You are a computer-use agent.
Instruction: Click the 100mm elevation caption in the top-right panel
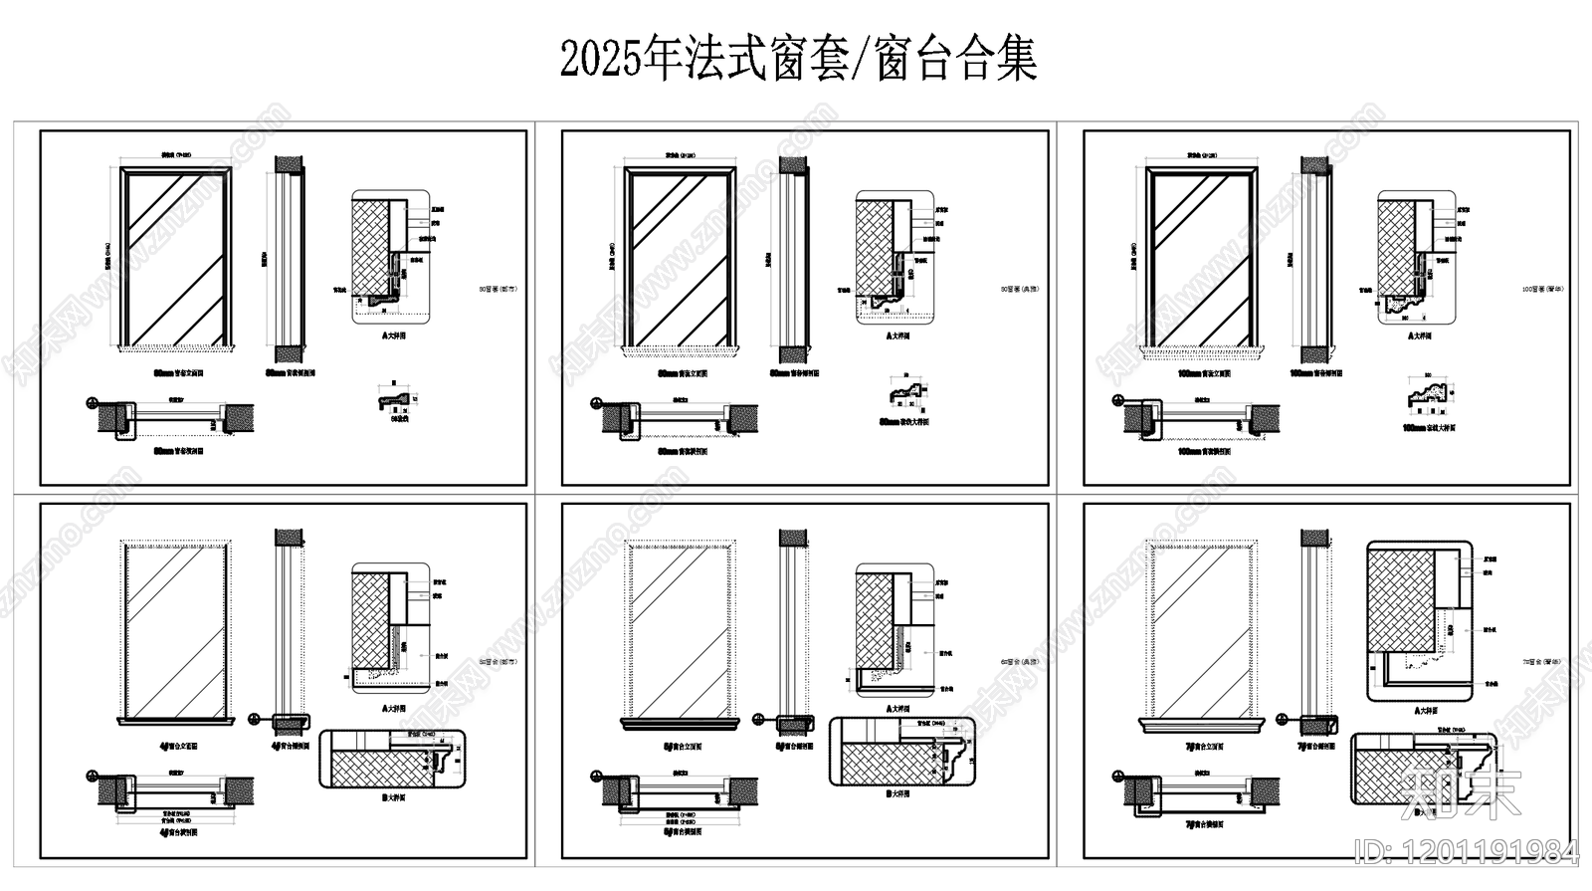point(1203,374)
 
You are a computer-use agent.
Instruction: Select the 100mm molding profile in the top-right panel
point(1431,396)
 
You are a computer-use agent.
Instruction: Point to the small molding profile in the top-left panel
point(390,399)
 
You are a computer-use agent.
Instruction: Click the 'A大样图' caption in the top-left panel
point(393,336)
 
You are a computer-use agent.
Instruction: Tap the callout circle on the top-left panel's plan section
point(92,404)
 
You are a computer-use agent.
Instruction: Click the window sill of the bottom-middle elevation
point(681,724)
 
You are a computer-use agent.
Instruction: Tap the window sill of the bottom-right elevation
point(1205,724)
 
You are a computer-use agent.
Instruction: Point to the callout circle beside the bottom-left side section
point(255,719)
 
